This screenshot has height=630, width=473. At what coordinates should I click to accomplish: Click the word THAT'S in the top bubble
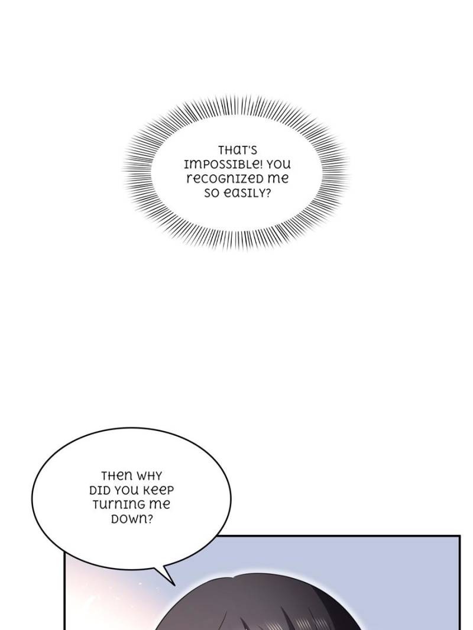point(237,150)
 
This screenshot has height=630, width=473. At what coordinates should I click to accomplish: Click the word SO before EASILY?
point(211,192)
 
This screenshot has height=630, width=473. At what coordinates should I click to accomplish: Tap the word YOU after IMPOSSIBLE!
point(277,164)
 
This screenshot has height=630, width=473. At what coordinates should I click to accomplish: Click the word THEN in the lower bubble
point(117,476)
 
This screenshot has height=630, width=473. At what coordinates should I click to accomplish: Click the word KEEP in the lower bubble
point(160,490)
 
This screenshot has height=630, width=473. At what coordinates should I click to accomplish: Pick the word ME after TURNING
point(159,505)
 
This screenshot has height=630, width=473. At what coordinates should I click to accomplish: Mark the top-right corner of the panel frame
point(459,537)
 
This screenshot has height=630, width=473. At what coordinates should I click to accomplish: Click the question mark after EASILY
point(267,192)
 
